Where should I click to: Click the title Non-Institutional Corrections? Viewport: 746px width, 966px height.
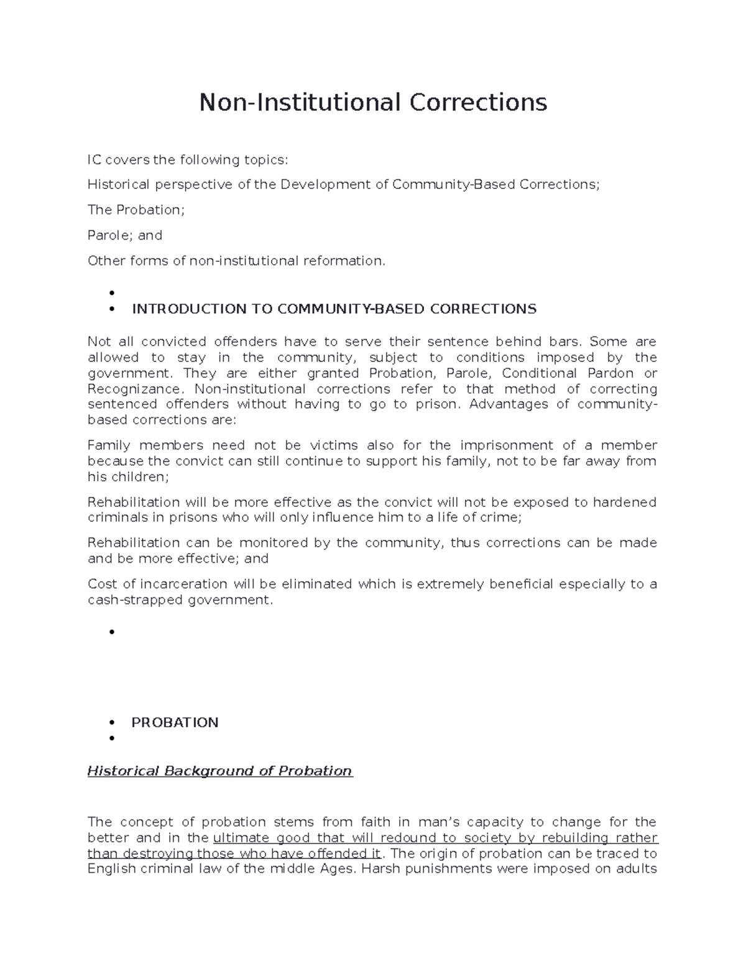[x=373, y=102]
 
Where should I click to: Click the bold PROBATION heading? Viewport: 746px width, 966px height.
[x=175, y=723]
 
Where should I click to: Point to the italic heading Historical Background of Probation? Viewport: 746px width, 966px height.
[x=220, y=771]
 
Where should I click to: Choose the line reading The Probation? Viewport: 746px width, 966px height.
[x=136, y=210]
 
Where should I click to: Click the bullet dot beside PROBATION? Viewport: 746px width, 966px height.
[x=112, y=723]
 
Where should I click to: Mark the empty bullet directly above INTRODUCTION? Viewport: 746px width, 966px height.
[x=112, y=293]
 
